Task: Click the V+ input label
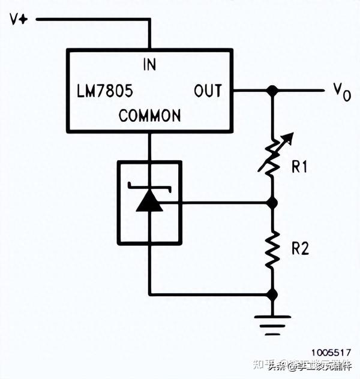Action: click(19, 19)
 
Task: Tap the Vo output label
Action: click(342, 92)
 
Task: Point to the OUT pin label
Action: click(208, 92)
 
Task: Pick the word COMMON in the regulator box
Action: click(149, 116)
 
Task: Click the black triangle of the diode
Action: click(149, 203)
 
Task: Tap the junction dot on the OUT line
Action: click(272, 91)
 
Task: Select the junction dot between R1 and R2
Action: click(272, 203)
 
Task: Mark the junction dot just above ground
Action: click(272, 294)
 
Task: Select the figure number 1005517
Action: click(331, 353)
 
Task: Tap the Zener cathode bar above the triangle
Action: click(149, 189)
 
